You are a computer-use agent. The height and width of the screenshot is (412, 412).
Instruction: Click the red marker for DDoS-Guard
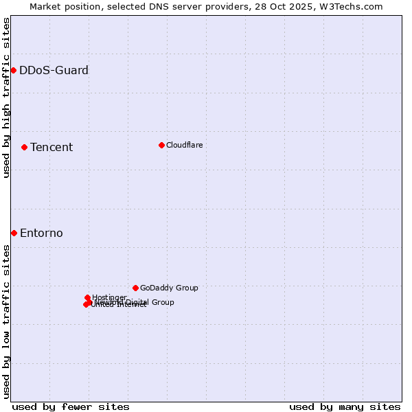click(13, 70)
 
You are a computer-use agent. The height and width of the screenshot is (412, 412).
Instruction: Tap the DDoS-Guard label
click(54, 70)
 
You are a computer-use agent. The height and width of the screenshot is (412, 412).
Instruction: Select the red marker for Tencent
click(24, 147)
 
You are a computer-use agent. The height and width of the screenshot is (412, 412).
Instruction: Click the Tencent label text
click(51, 147)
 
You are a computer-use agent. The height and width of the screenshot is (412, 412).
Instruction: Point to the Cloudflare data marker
click(161, 145)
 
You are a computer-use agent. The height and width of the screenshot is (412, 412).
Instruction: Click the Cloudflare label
click(184, 145)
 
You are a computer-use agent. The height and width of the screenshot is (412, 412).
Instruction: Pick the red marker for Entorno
click(14, 233)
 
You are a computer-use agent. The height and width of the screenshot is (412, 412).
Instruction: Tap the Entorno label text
click(41, 233)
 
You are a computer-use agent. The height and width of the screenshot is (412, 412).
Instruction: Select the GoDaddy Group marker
click(135, 288)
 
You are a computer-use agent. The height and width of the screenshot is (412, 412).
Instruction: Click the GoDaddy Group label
click(169, 288)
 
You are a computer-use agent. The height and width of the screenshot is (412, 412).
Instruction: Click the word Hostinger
click(109, 297)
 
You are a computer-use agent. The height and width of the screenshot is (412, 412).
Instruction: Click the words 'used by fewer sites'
click(71, 407)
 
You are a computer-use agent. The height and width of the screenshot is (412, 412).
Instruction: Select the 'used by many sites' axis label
click(345, 407)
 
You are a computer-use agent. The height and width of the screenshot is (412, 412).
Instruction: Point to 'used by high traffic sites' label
click(6, 98)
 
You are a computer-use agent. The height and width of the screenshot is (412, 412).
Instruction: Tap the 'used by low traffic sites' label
click(6, 321)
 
